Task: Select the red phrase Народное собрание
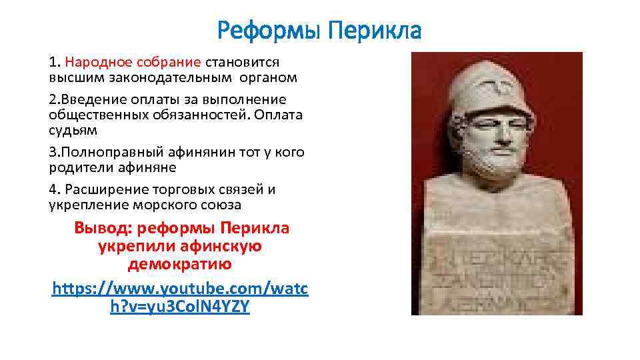click(x=133, y=62)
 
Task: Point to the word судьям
click(x=73, y=130)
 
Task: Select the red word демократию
click(x=180, y=264)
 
